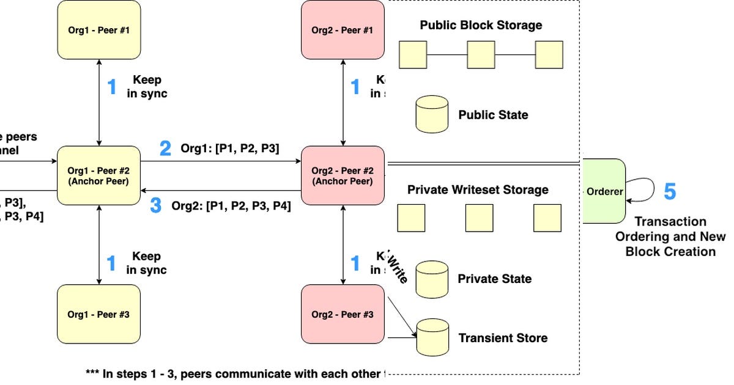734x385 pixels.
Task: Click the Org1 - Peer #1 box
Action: point(98,29)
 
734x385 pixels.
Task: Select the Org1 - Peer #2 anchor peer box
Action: point(98,175)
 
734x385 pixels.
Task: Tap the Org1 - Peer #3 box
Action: point(98,314)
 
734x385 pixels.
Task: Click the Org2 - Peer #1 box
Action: point(343,29)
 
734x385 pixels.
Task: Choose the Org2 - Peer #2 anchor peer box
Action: point(343,175)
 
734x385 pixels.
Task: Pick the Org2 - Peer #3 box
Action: point(343,314)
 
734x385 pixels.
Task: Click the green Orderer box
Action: point(604,191)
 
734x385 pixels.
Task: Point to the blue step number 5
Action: point(670,191)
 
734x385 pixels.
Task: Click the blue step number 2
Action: point(165,148)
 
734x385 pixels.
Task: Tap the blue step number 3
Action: point(156,206)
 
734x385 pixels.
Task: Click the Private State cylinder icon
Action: point(432,278)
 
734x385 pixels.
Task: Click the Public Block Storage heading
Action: point(481,26)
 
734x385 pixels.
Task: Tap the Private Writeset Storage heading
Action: point(478,190)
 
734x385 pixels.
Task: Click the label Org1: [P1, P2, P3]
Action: point(229,148)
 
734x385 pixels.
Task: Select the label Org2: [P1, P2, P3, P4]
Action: point(231,206)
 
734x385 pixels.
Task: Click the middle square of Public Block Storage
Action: point(481,54)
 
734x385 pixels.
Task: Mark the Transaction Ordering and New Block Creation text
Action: point(670,237)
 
